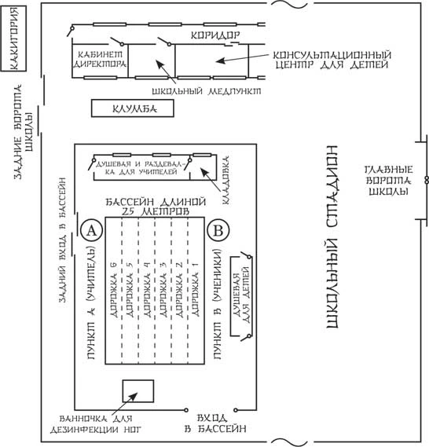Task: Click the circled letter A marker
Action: pos(91,230)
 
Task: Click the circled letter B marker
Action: pos(218,230)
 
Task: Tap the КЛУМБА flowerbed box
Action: pos(133,108)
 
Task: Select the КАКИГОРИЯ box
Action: pos(13,38)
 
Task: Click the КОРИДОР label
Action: pos(215,35)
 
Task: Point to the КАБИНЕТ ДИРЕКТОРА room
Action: pos(100,60)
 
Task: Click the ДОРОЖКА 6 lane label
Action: pos(114,290)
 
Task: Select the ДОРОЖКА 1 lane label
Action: pos(196,290)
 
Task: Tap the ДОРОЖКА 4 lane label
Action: pos(147,290)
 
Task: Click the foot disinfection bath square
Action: pos(138,391)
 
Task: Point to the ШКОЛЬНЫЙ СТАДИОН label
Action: pos(332,237)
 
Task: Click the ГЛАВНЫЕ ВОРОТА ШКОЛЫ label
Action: pos(389,181)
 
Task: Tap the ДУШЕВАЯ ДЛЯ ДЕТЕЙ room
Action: pos(241,296)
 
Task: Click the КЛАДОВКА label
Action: pos(225,180)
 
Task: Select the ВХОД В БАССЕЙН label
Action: pos(215,423)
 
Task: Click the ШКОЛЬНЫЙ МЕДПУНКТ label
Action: pos(207,91)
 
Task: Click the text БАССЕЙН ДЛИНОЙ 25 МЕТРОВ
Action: pos(156,207)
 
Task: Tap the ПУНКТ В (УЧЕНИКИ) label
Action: pos(217,304)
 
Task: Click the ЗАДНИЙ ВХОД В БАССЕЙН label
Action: pos(62,240)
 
